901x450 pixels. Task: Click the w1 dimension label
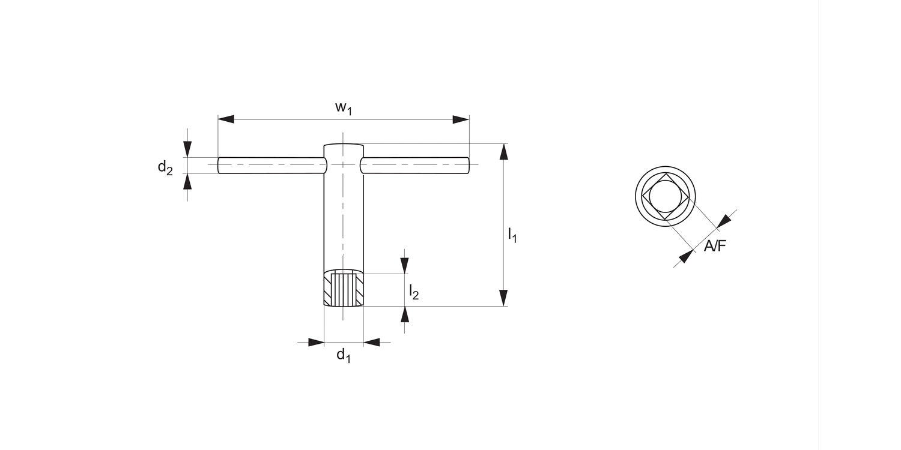pyautogui.click(x=344, y=108)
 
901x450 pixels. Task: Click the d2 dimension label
pyautogui.click(x=165, y=167)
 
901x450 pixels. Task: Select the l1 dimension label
pyautogui.click(x=512, y=235)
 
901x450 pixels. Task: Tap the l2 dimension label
pyautogui.click(x=414, y=292)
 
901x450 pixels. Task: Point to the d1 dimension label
pyautogui.click(x=343, y=355)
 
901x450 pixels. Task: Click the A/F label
pyautogui.click(x=715, y=245)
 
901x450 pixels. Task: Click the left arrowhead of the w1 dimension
pyautogui.click(x=226, y=119)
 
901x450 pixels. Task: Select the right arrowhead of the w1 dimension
pyautogui.click(x=461, y=119)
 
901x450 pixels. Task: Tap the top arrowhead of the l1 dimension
pyautogui.click(x=503, y=152)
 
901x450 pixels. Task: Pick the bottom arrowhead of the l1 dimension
pyautogui.click(x=503, y=298)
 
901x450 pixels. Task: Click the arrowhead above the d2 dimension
pyautogui.click(x=188, y=149)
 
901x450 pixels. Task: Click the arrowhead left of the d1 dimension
pyautogui.click(x=316, y=343)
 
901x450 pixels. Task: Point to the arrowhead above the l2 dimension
pyautogui.click(x=405, y=265)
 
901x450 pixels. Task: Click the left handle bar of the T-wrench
pyautogui.click(x=270, y=165)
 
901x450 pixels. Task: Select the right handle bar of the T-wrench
pyautogui.click(x=414, y=165)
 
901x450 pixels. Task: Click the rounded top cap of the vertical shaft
pyautogui.click(x=344, y=147)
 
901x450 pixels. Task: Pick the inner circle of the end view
pyautogui.click(x=666, y=196)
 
